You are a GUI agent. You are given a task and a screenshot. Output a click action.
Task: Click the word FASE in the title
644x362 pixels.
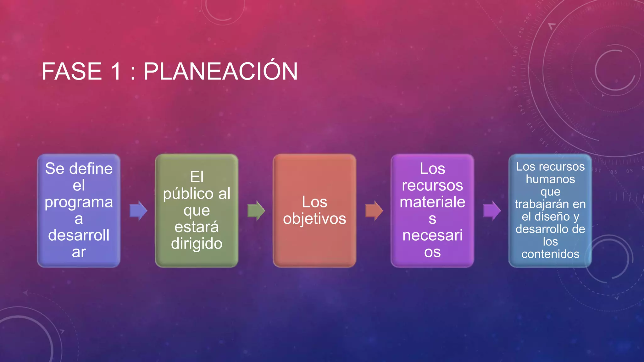(x=72, y=72)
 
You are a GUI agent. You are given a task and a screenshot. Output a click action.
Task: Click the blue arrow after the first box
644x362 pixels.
(x=138, y=211)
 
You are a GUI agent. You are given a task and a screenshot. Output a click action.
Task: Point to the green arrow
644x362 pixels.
(x=256, y=211)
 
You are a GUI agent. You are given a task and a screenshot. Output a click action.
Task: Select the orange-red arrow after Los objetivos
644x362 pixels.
(x=374, y=211)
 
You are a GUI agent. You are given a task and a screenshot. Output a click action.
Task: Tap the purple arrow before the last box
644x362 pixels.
(x=492, y=211)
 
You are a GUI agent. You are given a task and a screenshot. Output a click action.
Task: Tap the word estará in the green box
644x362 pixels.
(x=197, y=227)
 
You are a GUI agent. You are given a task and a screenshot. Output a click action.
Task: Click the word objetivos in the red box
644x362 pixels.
(x=314, y=219)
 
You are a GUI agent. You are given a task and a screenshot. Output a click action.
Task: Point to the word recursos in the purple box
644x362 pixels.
(x=432, y=185)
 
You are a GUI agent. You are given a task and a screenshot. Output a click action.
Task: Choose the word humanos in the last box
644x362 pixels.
(x=550, y=179)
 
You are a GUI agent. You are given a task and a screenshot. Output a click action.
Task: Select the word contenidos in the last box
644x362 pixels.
(x=550, y=254)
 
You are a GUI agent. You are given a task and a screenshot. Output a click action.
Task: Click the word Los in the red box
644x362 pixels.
(x=314, y=202)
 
